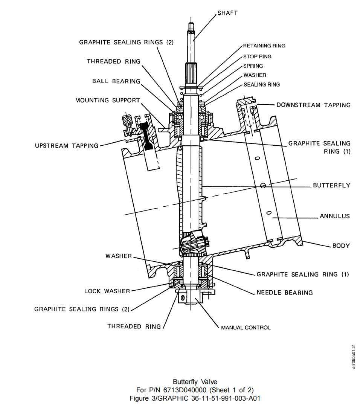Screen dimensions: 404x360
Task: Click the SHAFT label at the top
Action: (x=227, y=13)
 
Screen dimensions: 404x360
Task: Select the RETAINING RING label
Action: (x=264, y=46)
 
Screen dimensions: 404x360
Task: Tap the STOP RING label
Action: (x=257, y=56)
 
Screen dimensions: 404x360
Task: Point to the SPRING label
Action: (x=253, y=66)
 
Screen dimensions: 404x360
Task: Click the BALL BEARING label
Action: (x=116, y=81)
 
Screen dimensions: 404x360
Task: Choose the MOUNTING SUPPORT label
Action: (x=107, y=101)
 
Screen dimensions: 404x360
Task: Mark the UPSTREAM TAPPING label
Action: (x=66, y=145)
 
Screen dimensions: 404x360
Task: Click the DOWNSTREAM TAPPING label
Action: (x=313, y=105)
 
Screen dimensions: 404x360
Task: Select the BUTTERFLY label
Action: (x=331, y=185)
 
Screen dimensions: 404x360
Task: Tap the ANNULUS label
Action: (x=334, y=216)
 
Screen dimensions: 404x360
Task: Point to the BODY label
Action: (x=341, y=246)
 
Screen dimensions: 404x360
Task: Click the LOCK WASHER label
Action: (x=107, y=291)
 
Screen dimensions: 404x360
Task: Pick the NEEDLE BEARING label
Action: (x=284, y=292)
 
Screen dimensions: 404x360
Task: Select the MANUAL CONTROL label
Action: (x=246, y=328)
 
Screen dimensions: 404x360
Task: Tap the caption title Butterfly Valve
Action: (x=195, y=382)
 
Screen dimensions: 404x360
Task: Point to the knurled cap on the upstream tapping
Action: (x=126, y=121)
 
